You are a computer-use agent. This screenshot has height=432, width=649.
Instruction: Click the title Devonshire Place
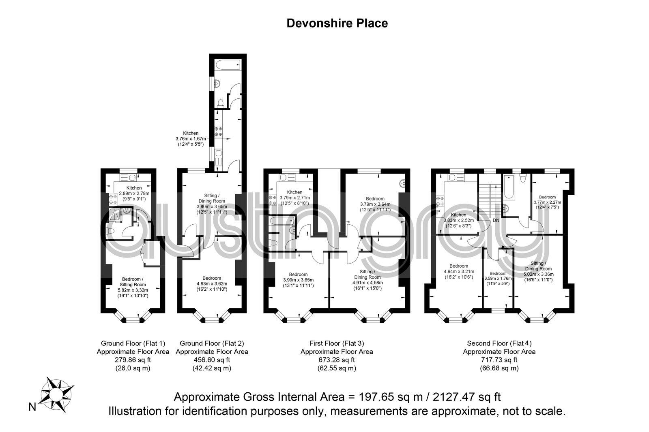click(337, 23)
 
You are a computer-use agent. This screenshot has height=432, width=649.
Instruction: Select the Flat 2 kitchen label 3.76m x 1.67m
click(191, 138)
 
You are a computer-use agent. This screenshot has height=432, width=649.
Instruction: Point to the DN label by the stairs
click(496, 220)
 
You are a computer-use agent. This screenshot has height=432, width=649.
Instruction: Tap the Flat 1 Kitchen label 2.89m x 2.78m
click(134, 193)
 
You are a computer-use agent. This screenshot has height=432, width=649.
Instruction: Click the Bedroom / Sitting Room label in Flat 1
click(133, 287)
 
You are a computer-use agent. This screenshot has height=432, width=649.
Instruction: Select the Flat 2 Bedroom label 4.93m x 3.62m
click(212, 283)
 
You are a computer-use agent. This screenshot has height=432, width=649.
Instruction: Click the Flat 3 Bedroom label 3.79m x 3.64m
click(375, 204)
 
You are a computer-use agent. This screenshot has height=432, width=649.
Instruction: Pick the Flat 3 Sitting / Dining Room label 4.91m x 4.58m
click(367, 279)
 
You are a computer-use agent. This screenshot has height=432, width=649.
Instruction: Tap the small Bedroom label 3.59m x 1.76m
click(498, 278)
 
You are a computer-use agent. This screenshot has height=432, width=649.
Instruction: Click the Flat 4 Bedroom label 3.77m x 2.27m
click(547, 202)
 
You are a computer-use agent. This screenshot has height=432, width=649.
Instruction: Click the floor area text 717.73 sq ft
click(499, 360)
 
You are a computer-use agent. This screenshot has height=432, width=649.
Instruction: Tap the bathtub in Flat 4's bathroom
click(509, 187)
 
